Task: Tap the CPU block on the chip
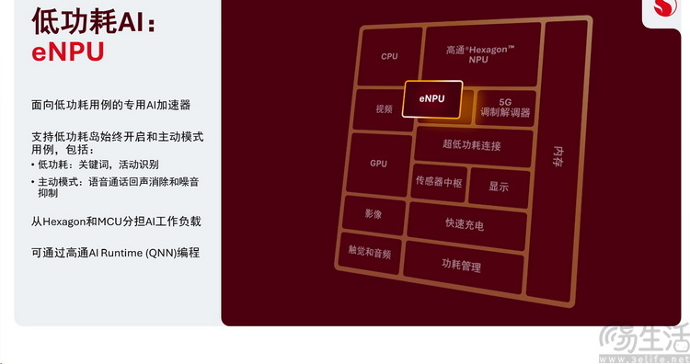[389, 57]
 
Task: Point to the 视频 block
[384, 108]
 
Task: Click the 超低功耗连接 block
[471, 145]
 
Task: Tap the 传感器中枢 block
[438, 181]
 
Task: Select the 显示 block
[499, 187]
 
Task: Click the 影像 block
[373, 214]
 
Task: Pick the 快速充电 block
[465, 223]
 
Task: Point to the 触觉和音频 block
[369, 252]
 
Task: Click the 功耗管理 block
[461, 267]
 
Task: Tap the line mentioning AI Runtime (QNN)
[115, 252]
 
